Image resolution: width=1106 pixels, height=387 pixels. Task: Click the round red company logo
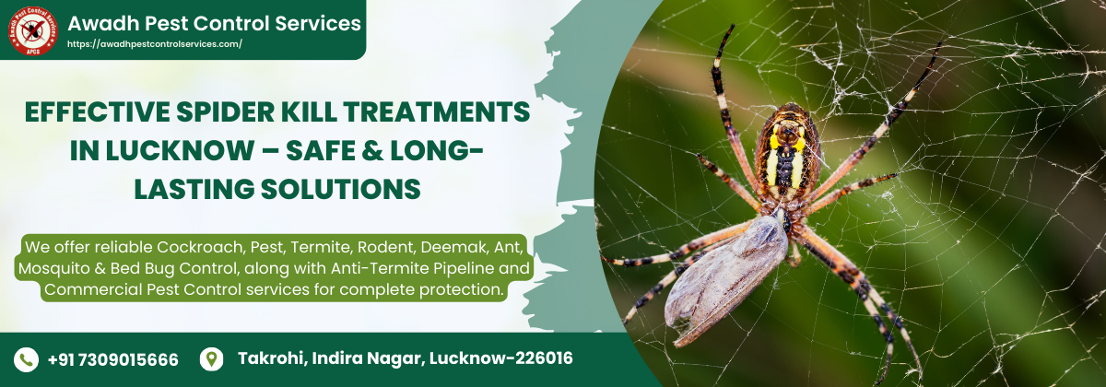(33, 30)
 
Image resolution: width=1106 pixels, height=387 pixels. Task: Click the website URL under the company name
(155, 44)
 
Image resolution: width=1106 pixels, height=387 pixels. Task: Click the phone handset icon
(26, 359)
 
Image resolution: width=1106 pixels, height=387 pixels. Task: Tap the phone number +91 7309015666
(113, 359)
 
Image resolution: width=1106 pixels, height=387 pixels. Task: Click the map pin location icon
(211, 358)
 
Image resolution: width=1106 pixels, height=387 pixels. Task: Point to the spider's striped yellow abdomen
(787, 152)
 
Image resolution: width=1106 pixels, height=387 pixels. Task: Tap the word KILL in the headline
(308, 111)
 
